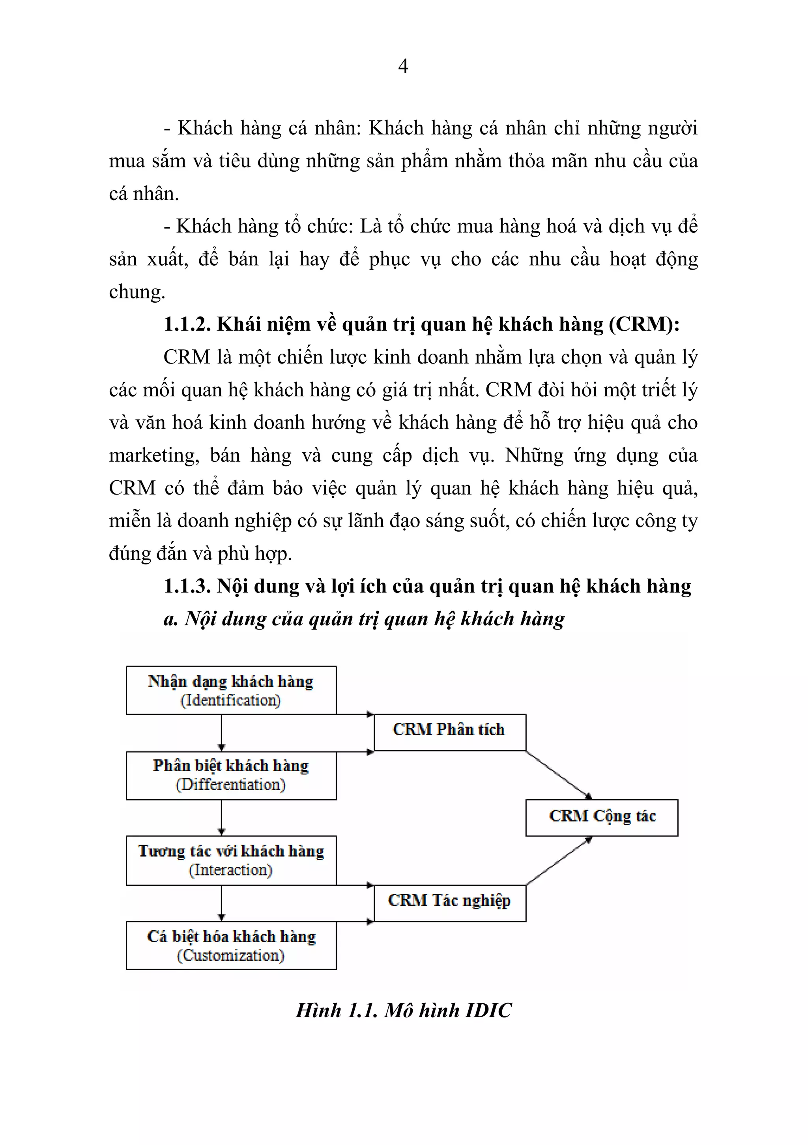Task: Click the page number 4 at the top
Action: [403, 66]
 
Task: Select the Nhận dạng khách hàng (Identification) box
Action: [231, 690]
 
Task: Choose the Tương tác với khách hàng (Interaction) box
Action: [231, 860]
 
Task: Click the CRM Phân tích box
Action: [450, 732]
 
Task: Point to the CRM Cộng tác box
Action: [602, 817]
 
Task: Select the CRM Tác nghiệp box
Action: [450, 903]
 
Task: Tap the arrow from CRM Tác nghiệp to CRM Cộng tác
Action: [559, 861]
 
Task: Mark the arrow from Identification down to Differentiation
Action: [221, 733]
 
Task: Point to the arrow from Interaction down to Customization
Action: [221, 903]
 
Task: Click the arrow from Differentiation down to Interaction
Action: [221, 818]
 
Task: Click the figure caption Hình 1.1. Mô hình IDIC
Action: [403, 1010]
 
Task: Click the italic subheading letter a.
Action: [170, 619]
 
